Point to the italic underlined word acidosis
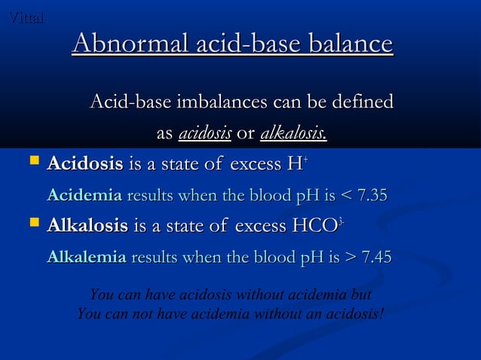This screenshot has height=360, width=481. pyautogui.click(x=205, y=135)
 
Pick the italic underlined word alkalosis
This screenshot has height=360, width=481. pyautogui.click(x=293, y=135)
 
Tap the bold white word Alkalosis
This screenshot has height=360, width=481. pyautogui.click(x=87, y=225)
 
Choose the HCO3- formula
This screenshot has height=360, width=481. pyautogui.click(x=317, y=225)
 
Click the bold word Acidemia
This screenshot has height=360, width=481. pyautogui.click(x=84, y=196)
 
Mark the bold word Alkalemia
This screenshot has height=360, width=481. pyautogui.click(x=86, y=258)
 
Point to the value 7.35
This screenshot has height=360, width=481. pyautogui.click(x=372, y=196)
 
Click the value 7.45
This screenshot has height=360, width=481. pyautogui.click(x=376, y=258)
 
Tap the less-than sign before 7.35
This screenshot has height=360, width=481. pyautogui.click(x=345, y=197)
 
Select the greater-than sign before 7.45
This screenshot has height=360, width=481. pyautogui.click(x=349, y=258)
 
